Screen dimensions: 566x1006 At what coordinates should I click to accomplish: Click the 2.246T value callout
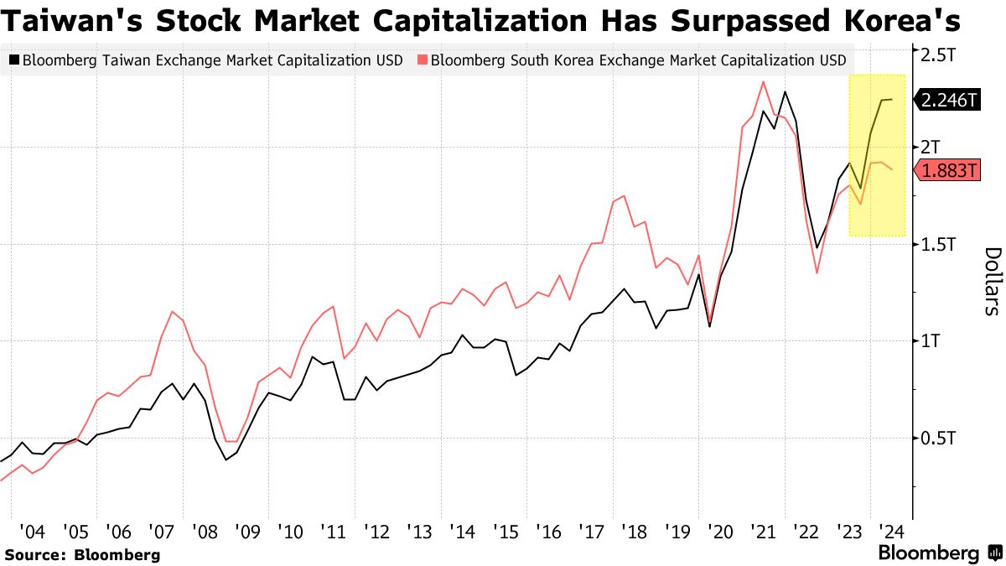[x=949, y=100]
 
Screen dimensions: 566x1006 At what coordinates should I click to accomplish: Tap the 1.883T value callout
[x=949, y=171]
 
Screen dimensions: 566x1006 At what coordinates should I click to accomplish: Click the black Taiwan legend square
[x=14, y=60]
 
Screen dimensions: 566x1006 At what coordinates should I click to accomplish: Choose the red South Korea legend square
[x=423, y=60]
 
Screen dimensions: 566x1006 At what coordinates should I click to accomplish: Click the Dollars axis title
[x=992, y=280]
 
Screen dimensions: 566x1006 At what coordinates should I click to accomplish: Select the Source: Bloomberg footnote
[x=82, y=554]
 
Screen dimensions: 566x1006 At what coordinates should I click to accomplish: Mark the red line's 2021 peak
[x=763, y=81]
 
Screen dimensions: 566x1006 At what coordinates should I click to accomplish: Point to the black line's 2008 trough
[x=226, y=460]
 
